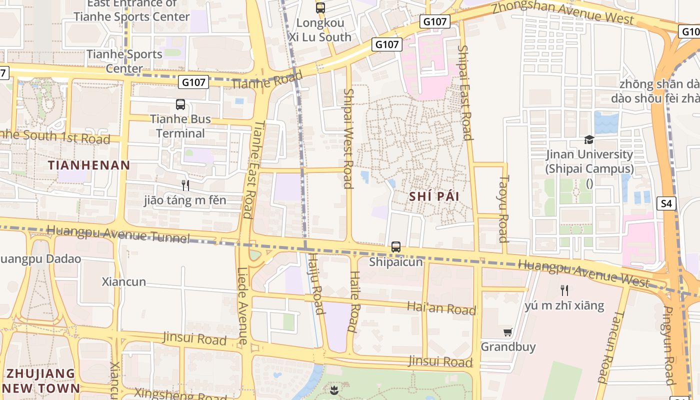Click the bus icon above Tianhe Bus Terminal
(x=180, y=104)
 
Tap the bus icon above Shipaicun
(x=396, y=247)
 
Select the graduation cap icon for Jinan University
(x=589, y=140)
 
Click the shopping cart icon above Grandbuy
(x=508, y=332)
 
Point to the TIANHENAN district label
(x=89, y=165)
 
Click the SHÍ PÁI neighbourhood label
(x=434, y=196)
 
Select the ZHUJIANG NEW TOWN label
(x=41, y=380)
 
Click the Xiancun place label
(x=124, y=281)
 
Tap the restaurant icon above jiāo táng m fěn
(x=185, y=185)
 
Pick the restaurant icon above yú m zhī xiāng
(x=564, y=290)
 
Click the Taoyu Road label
(x=503, y=208)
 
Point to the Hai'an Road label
(x=441, y=308)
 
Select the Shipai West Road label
(x=348, y=138)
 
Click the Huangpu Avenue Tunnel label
(x=118, y=234)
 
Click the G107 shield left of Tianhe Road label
(x=193, y=82)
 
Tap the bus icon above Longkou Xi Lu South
(x=320, y=8)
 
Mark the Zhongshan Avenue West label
(x=562, y=12)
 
